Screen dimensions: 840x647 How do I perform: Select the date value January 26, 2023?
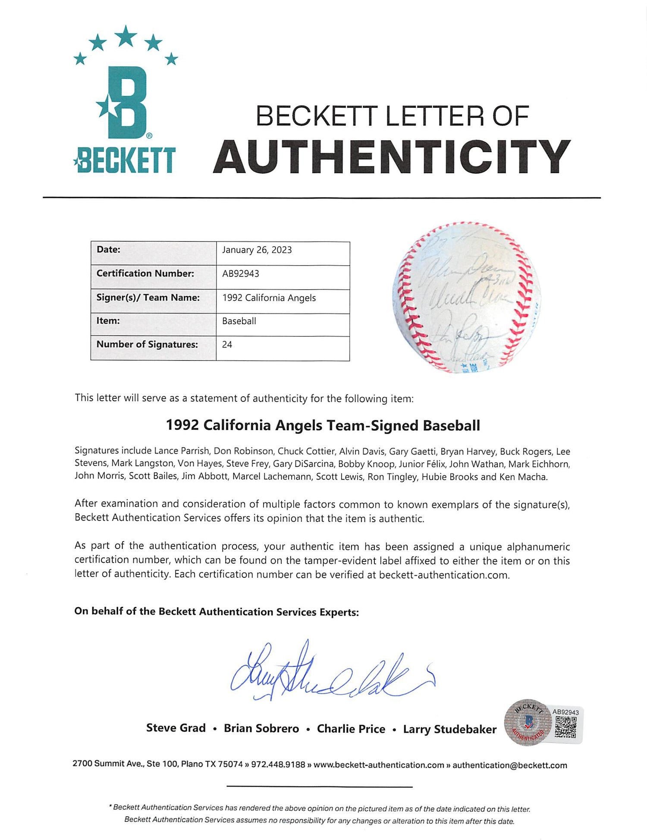pyautogui.click(x=257, y=250)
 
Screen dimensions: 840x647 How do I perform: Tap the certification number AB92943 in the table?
pyautogui.click(x=241, y=274)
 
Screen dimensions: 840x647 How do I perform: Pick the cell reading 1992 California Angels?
pyautogui.click(x=269, y=298)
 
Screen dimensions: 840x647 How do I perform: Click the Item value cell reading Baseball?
pyautogui.click(x=239, y=321)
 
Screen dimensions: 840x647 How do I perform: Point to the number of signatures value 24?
pyautogui.click(x=227, y=345)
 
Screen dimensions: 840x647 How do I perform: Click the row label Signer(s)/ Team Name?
pyautogui.click(x=148, y=298)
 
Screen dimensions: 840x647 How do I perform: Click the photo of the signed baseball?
pyautogui.click(x=466, y=297)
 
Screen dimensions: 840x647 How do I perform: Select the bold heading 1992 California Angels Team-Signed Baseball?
pyautogui.click(x=323, y=426)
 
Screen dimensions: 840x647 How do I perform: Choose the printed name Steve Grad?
pyautogui.click(x=176, y=728)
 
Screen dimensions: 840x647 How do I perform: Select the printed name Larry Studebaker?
pyautogui.click(x=449, y=729)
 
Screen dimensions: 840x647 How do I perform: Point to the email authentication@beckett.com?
pyautogui.click(x=509, y=765)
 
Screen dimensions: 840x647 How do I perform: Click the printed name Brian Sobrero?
pyautogui.click(x=261, y=729)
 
